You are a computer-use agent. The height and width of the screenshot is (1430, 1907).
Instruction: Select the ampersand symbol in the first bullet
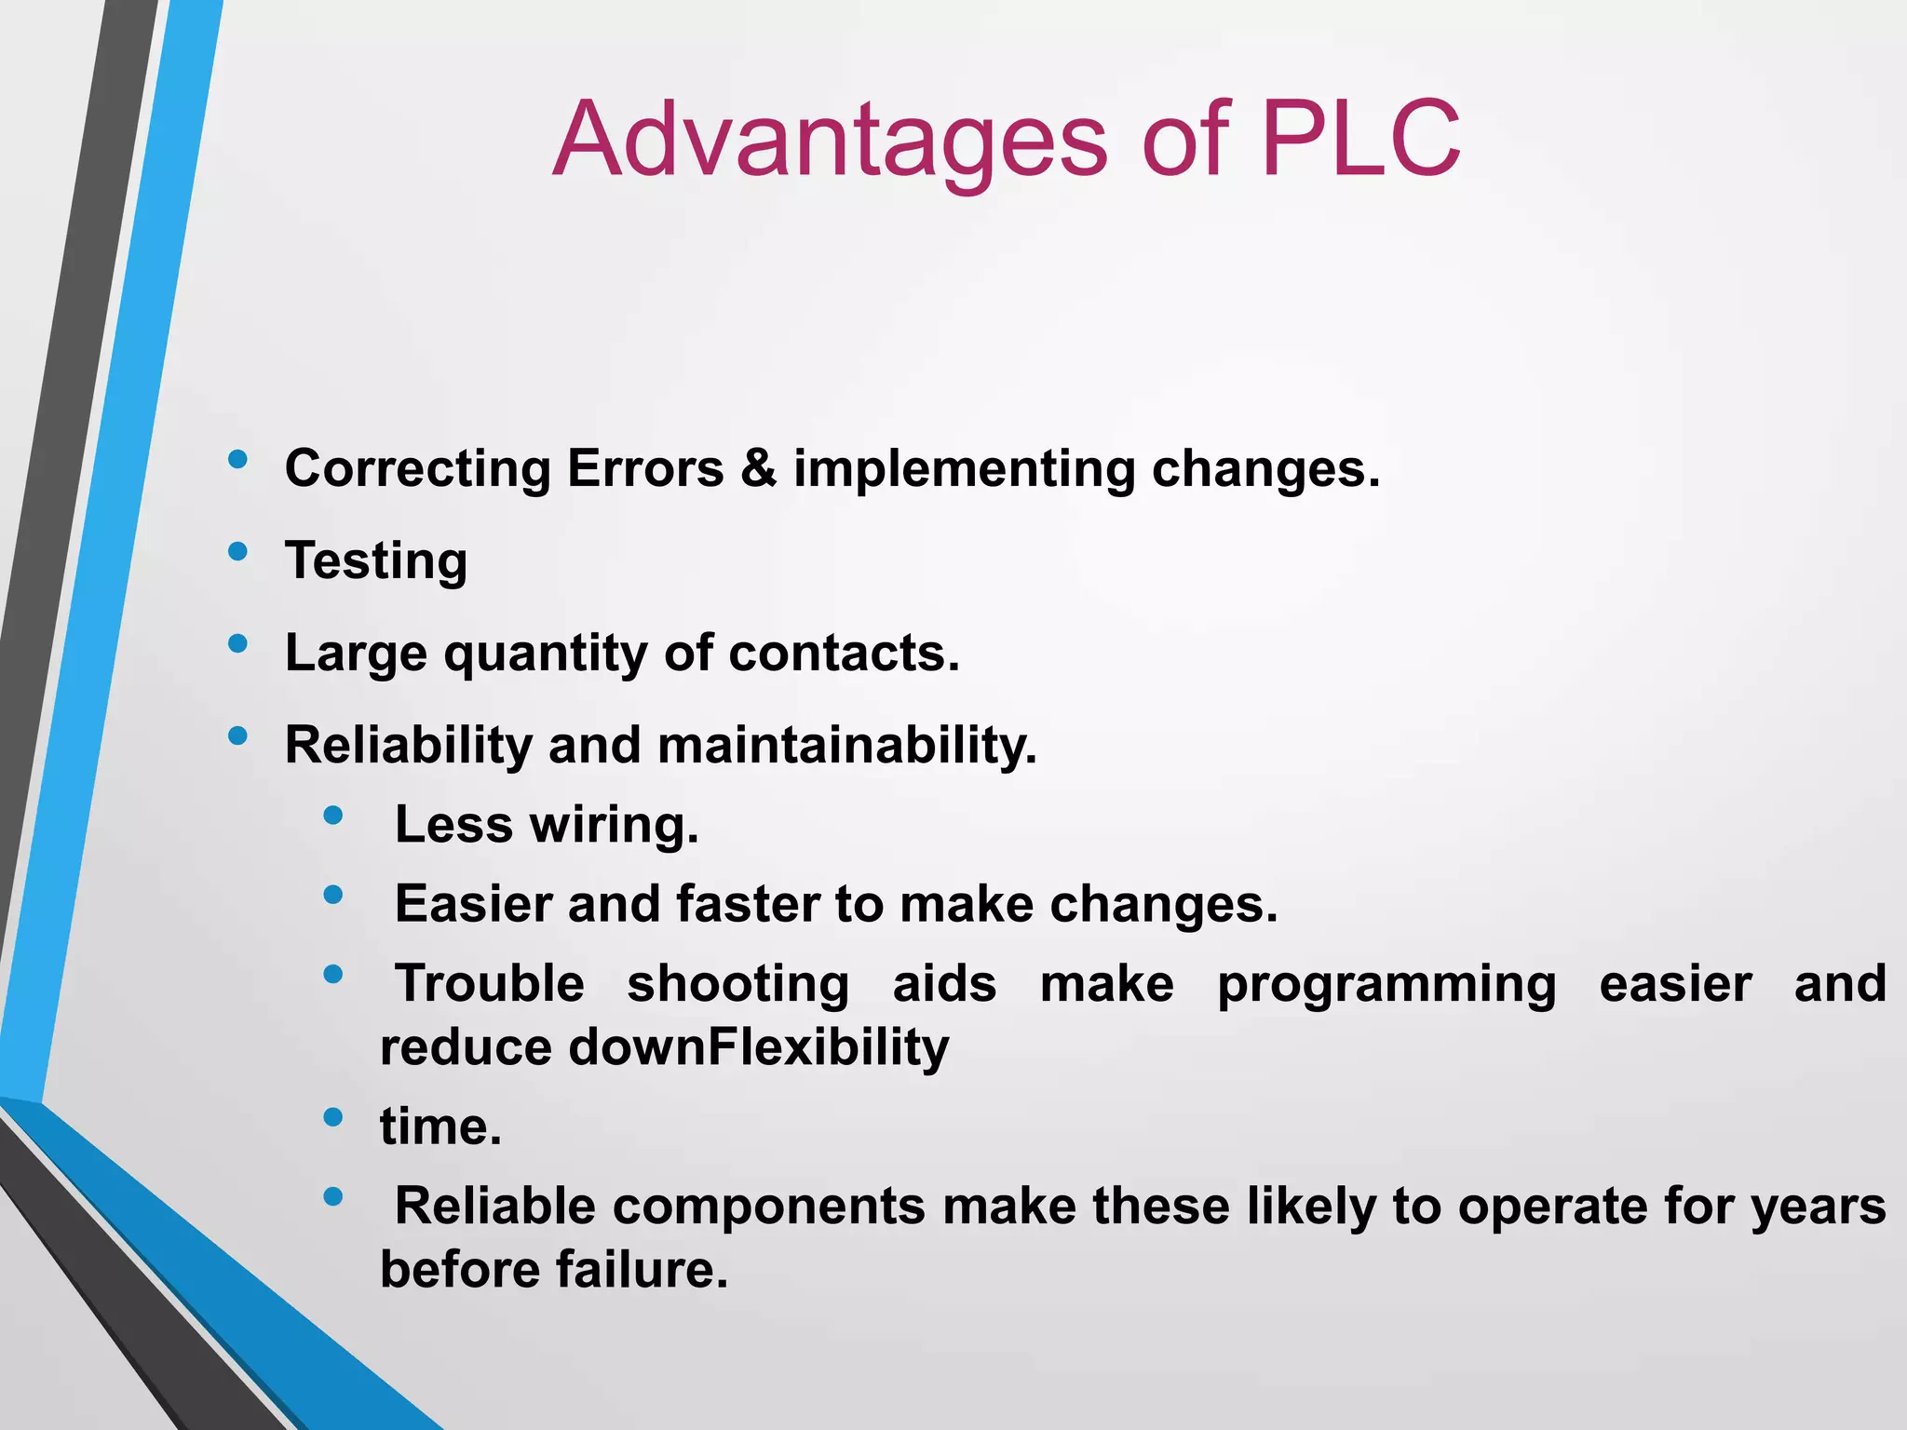(759, 467)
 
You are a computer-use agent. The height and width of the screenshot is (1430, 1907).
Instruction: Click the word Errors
(644, 467)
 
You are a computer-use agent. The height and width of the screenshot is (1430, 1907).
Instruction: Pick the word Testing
(376, 560)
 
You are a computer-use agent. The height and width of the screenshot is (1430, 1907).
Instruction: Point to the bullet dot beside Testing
(237, 551)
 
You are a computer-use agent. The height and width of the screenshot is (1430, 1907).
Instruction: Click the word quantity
(545, 654)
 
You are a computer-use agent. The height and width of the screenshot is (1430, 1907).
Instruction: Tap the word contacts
(843, 654)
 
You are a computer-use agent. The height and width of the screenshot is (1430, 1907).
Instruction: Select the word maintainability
(846, 746)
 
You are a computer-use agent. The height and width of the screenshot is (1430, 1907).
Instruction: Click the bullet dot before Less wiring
(332, 816)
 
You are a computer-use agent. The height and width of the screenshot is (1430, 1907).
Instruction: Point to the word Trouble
(490, 983)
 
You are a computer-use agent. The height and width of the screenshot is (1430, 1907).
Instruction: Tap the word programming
(1386, 985)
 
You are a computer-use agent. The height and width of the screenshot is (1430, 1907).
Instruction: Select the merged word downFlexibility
(758, 1047)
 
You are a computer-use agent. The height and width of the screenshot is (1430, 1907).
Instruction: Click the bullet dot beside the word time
(332, 1117)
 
